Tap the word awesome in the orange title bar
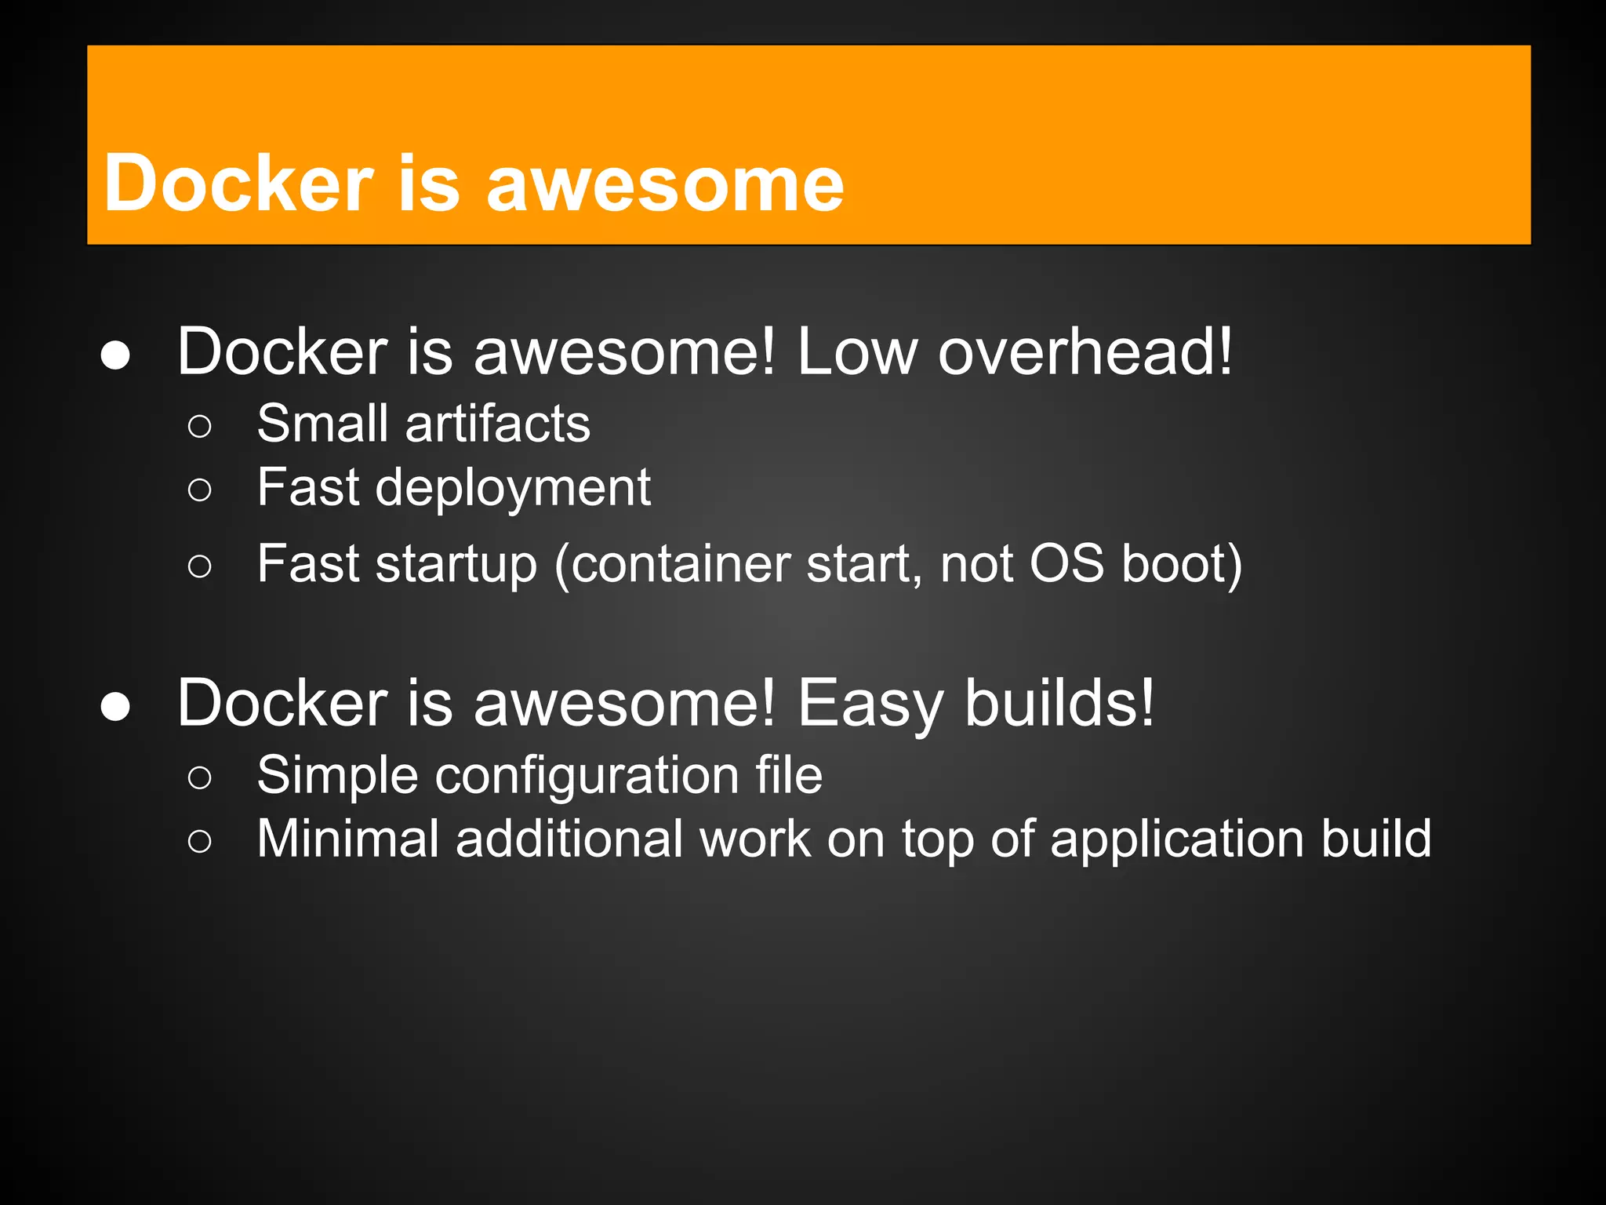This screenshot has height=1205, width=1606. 665,185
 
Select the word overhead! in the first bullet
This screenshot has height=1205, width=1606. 1085,351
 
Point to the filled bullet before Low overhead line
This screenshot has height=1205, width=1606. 116,355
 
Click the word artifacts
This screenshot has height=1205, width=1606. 497,424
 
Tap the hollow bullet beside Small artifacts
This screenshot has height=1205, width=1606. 200,427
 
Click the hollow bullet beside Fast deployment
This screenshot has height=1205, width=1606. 200,490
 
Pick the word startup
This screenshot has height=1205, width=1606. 456,565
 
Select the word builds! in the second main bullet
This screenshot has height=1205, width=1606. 1059,703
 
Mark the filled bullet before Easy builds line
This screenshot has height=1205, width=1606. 116,707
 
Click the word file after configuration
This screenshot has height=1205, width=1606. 789,775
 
